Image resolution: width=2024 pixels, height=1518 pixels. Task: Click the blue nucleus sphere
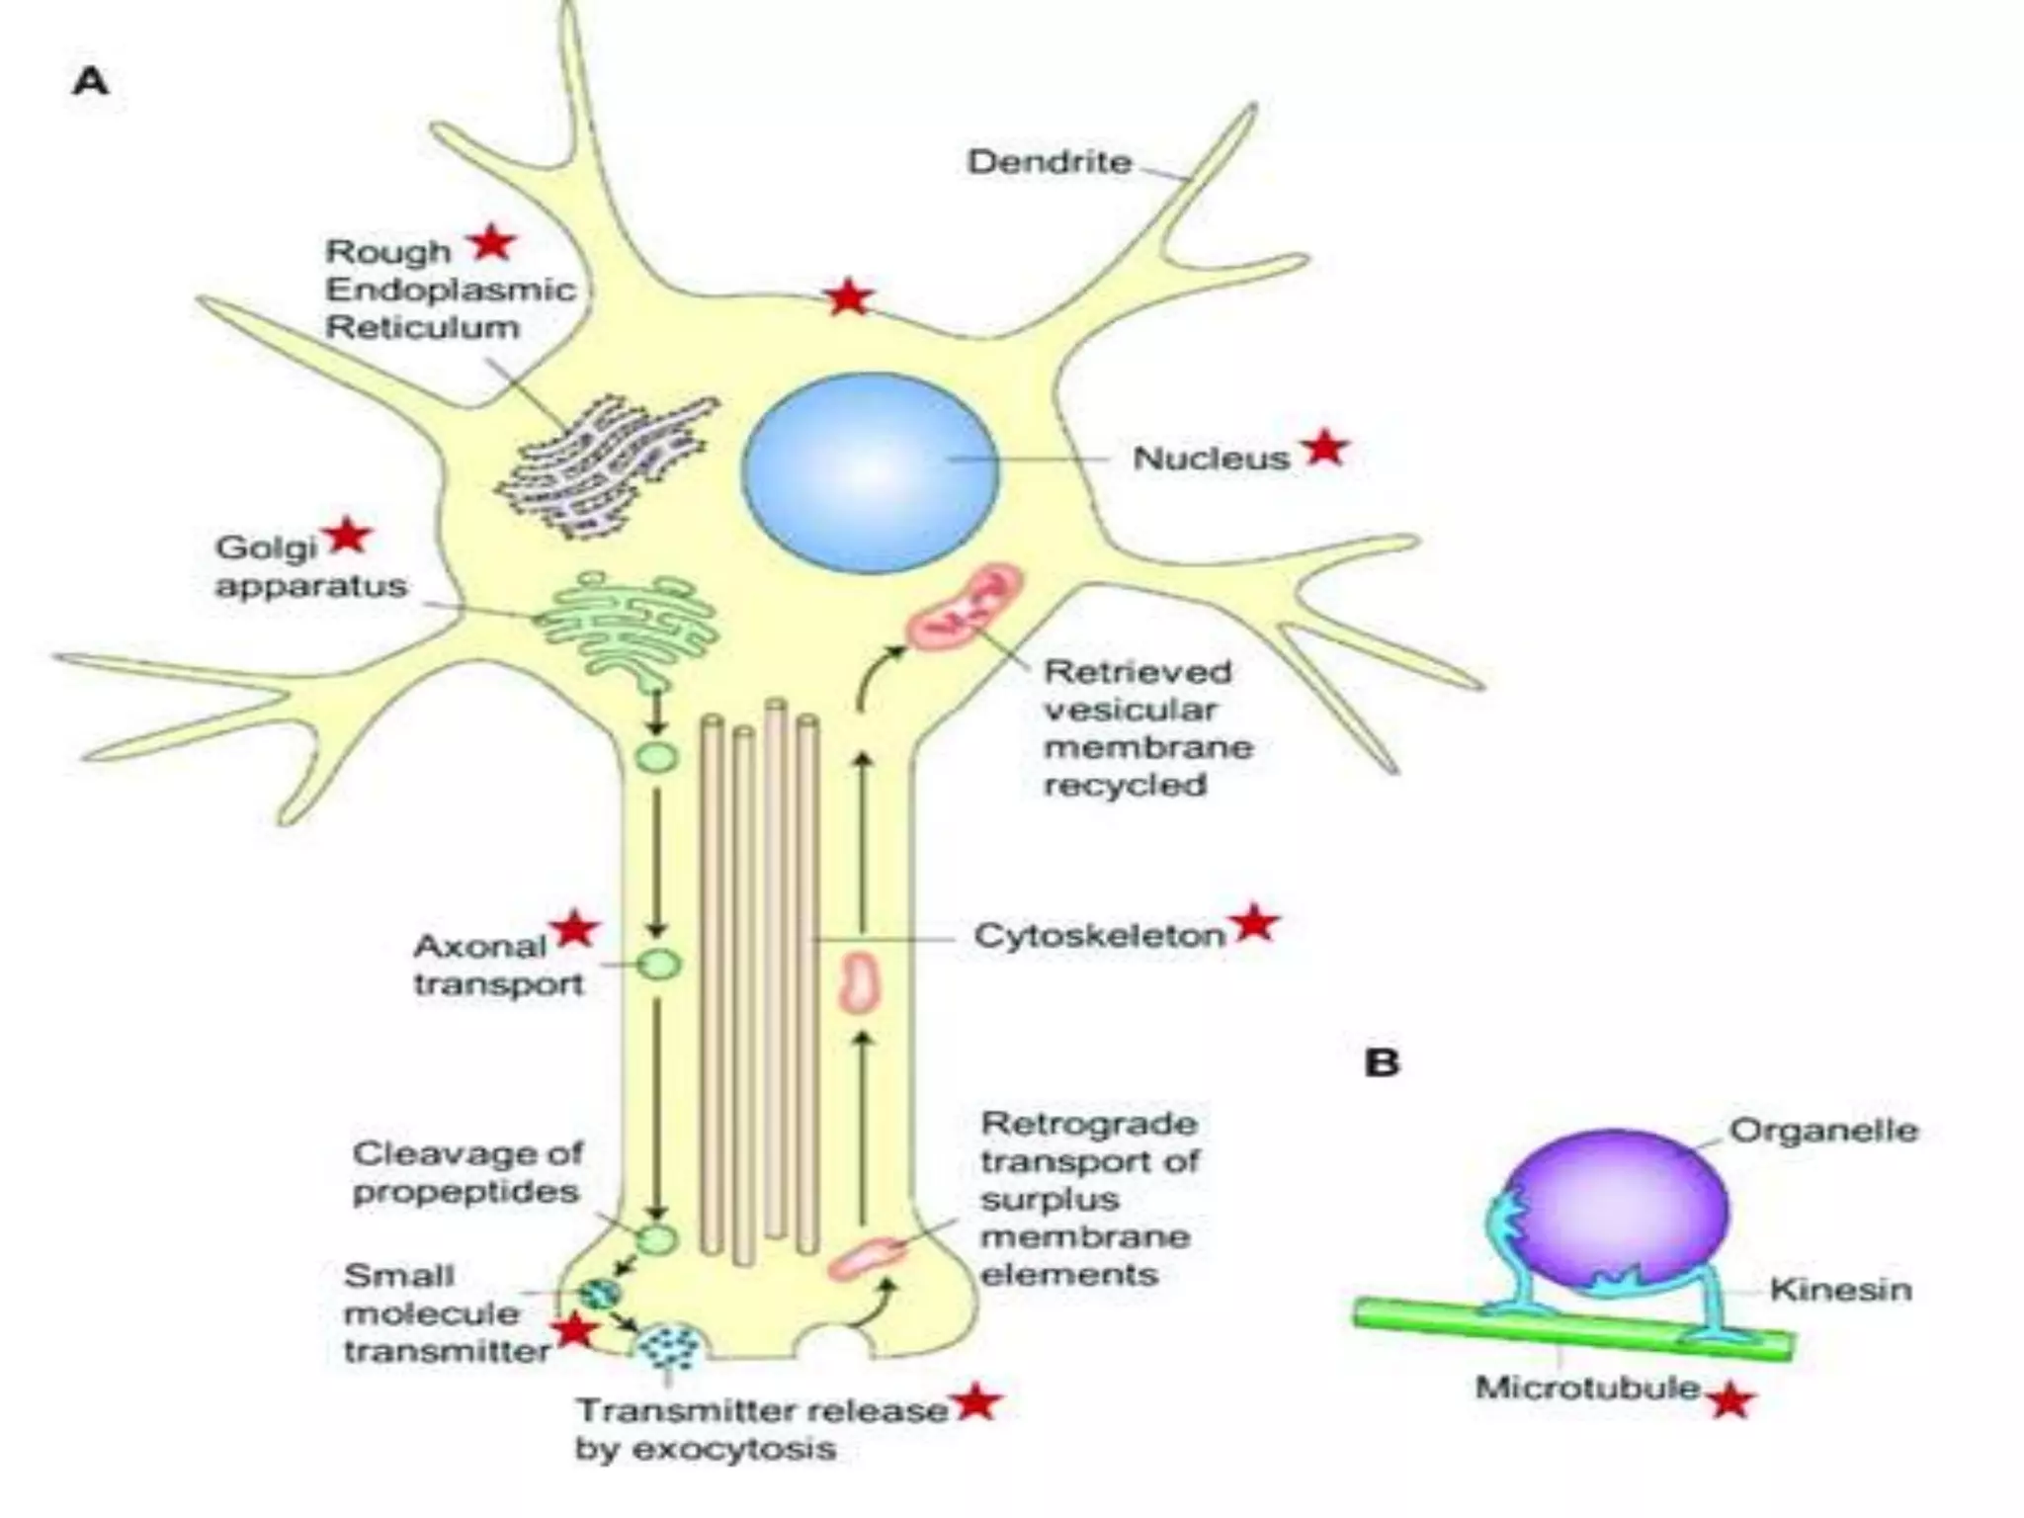[x=870, y=472]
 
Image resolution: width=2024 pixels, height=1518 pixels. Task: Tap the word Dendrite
[x=1050, y=162]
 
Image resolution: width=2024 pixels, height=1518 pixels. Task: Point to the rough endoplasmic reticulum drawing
[x=605, y=464]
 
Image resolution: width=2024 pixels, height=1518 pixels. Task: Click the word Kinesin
[x=1840, y=1290]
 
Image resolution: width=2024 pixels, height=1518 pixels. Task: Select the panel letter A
[x=91, y=81]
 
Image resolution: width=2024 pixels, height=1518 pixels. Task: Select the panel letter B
[x=1382, y=1062]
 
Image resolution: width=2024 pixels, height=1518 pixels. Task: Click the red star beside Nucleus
[x=1325, y=449]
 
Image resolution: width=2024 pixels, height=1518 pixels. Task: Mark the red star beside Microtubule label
[x=1730, y=1401]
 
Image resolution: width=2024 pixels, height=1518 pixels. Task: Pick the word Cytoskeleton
[x=1099, y=935]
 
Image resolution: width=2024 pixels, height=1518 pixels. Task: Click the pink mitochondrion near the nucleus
[x=964, y=607]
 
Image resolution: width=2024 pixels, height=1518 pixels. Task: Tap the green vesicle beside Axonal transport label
[x=658, y=965]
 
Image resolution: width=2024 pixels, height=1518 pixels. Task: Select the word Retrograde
[x=1088, y=1124]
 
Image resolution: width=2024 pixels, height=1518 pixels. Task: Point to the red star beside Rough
[x=492, y=242]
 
